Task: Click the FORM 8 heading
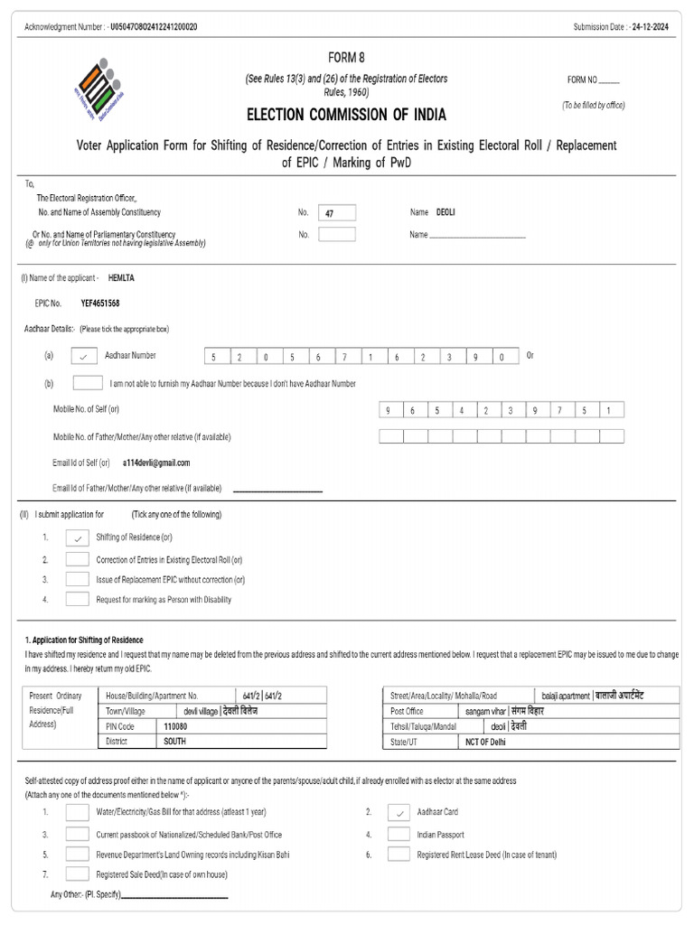pyautogui.click(x=346, y=57)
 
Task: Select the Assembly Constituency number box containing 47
pyautogui.click(x=337, y=213)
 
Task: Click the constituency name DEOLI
pyautogui.click(x=445, y=212)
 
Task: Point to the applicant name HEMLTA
pyautogui.click(x=121, y=278)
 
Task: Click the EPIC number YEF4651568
pyautogui.click(x=100, y=304)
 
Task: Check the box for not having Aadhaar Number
pyautogui.click(x=87, y=383)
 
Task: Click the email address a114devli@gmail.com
pyautogui.click(x=156, y=462)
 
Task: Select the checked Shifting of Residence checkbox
pyautogui.click(x=78, y=537)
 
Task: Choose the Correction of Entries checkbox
pyautogui.click(x=78, y=559)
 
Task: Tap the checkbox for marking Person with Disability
pyautogui.click(x=78, y=599)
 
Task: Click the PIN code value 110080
pyautogui.click(x=175, y=726)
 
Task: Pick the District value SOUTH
pyautogui.click(x=173, y=741)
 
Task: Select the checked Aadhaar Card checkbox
pyautogui.click(x=399, y=812)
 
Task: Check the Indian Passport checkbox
pyautogui.click(x=399, y=835)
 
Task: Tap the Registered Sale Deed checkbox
pyautogui.click(x=78, y=874)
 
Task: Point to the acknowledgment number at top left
pyautogui.click(x=153, y=27)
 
